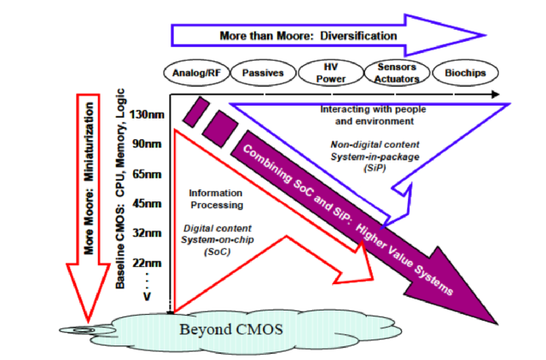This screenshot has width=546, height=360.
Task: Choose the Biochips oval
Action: pos(465,73)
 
